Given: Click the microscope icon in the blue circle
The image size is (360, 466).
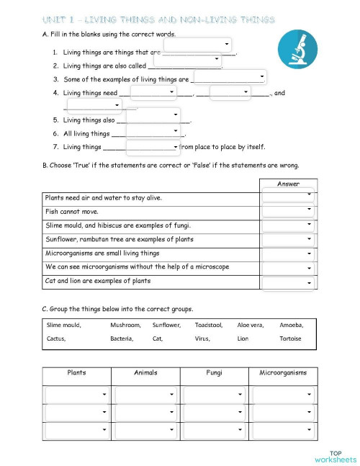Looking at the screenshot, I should click(x=297, y=50).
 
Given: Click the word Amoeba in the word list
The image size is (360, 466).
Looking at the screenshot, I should click(x=291, y=325).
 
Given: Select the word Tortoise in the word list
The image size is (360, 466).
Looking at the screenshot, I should click(x=290, y=338).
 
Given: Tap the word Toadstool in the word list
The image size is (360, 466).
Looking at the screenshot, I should click(x=209, y=325).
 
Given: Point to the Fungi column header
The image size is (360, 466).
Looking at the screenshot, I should click(x=214, y=373).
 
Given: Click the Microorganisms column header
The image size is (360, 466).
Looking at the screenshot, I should click(x=283, y=373).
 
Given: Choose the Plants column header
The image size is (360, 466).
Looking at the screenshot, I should click(x=77, y=373).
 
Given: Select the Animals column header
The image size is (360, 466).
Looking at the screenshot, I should click(x=145, y=373).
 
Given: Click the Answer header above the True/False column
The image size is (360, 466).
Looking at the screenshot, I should click(x=288, y=184).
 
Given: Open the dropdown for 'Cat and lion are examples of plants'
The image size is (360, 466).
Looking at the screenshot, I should click(x=288, y=283).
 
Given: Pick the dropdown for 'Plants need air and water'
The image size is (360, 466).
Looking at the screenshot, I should click(x=288, y=196).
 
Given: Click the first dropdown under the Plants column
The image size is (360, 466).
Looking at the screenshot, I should click(x=77, y=395).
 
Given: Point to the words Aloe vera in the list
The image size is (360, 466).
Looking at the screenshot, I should click(x=251, y=325).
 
